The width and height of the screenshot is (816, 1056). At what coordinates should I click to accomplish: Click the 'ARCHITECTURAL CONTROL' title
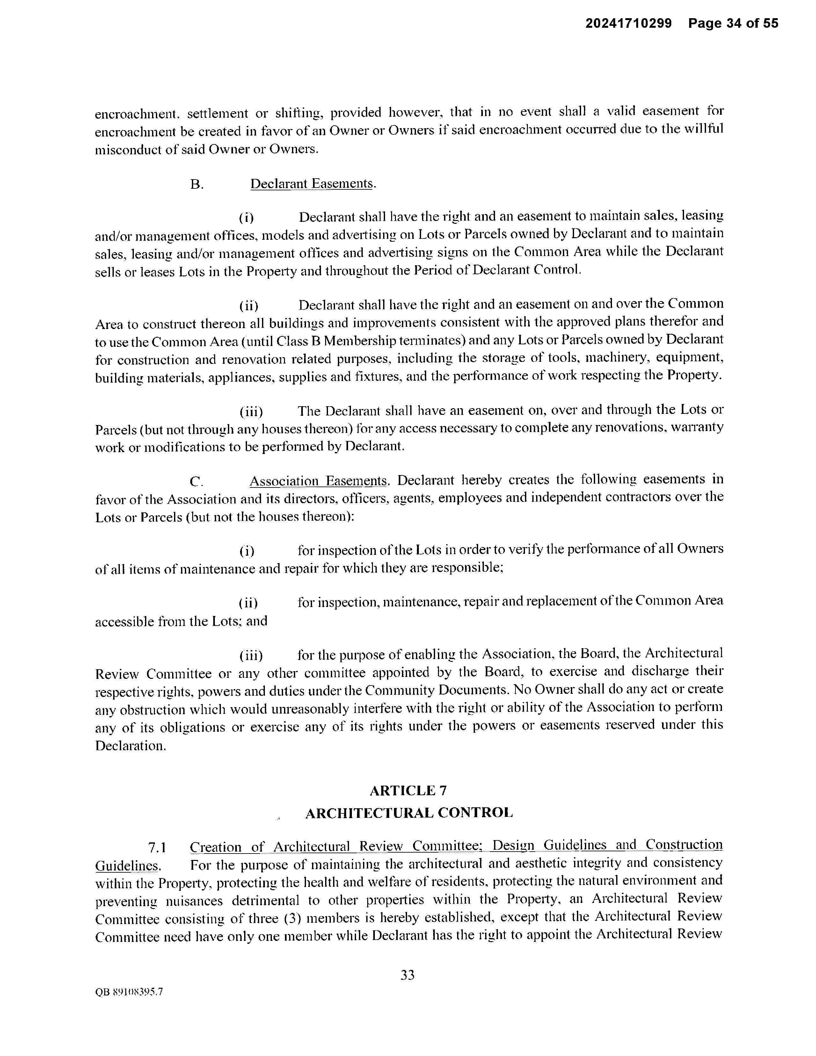(409, 813)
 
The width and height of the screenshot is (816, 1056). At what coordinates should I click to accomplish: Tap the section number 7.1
(157, 847)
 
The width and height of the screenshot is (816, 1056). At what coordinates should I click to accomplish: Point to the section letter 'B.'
(196, 185)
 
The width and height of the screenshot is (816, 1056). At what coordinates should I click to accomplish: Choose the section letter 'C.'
(196, 481)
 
